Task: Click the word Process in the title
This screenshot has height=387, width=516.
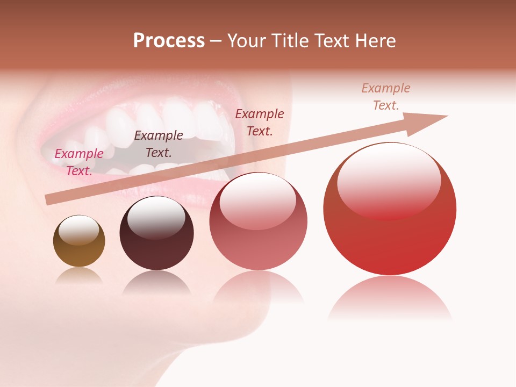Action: [169, 41]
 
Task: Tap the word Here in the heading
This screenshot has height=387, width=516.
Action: [375, 41]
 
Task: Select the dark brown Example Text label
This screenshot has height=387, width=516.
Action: [159, 144]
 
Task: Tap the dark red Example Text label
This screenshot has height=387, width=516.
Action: [260, 123]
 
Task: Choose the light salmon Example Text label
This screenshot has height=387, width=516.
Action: [386, 97]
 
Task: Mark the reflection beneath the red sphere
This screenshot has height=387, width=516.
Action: [390, 298]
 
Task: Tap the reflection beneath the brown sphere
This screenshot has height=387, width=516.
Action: [79, 276]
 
